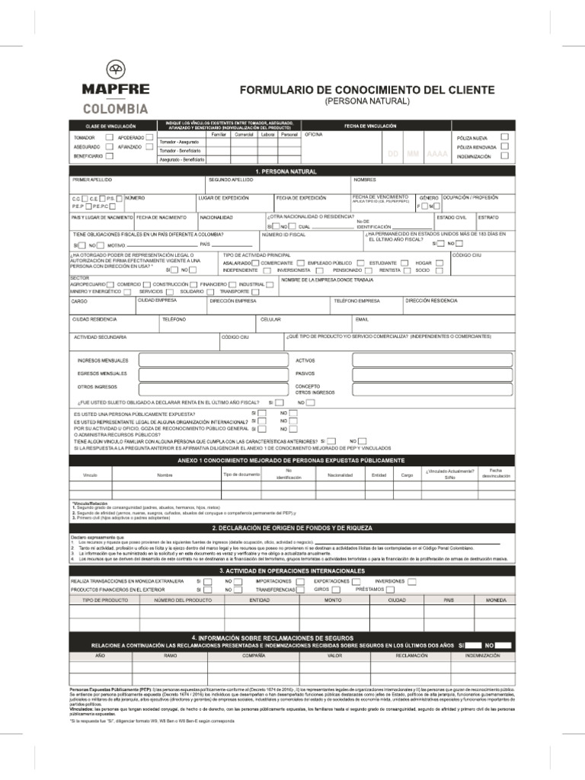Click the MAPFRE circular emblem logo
[116, 69]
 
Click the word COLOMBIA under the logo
[116, 108]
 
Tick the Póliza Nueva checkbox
[504, 137]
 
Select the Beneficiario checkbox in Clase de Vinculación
[109, 155]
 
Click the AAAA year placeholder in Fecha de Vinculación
[437, 154]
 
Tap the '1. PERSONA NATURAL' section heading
[286, 172]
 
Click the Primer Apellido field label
[91, 181]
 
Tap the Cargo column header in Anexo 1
[407, 475]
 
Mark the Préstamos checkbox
[392, 590]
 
